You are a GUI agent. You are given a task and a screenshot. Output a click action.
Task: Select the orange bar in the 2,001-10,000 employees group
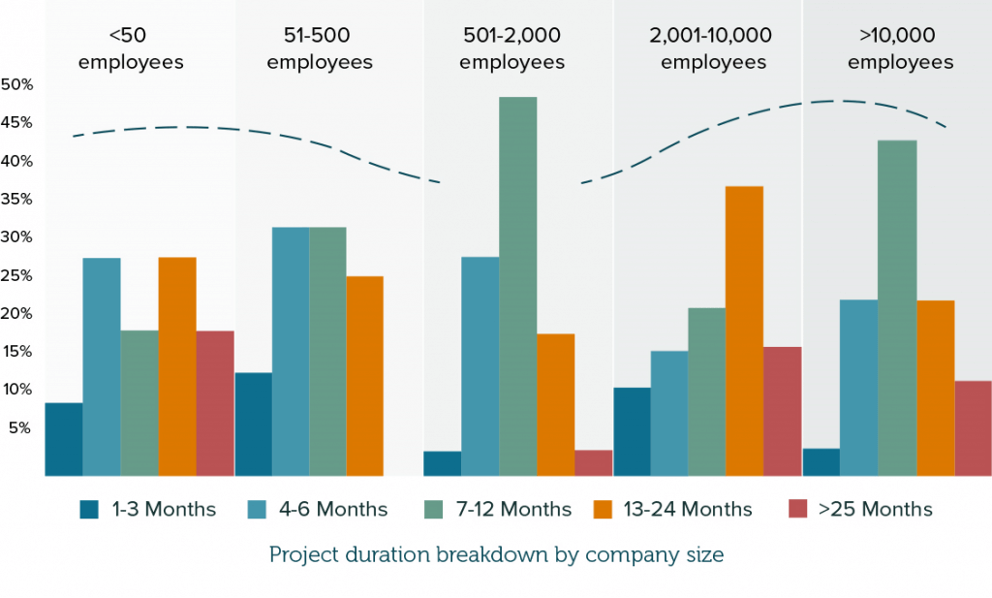(x=744, y=330)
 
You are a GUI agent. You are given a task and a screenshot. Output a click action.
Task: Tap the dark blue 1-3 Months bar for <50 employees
(x=63, y=439)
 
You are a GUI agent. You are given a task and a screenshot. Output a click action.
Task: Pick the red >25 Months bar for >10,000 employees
(x=973, y=427)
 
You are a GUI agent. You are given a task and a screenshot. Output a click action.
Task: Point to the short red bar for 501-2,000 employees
(x=593, y=462)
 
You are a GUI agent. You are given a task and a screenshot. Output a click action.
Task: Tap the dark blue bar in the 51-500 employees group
(x=253, y=424)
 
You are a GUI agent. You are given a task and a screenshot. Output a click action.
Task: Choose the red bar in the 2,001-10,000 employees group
(x=783, y=411)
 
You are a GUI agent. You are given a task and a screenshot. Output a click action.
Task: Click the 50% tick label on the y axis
(x=16, y=84)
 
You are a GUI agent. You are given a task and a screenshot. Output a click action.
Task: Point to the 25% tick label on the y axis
(x=16, y=275)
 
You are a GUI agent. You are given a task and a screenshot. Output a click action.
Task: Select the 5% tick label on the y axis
(x=20, y=427)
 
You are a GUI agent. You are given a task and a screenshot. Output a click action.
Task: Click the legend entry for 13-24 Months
(x=688, y=509)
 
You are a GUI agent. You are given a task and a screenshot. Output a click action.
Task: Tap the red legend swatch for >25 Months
(x=798, y=509)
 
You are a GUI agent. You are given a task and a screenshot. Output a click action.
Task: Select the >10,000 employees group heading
(x=900, y=49)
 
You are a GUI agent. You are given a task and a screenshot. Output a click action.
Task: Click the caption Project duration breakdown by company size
(x=496, y=555)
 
